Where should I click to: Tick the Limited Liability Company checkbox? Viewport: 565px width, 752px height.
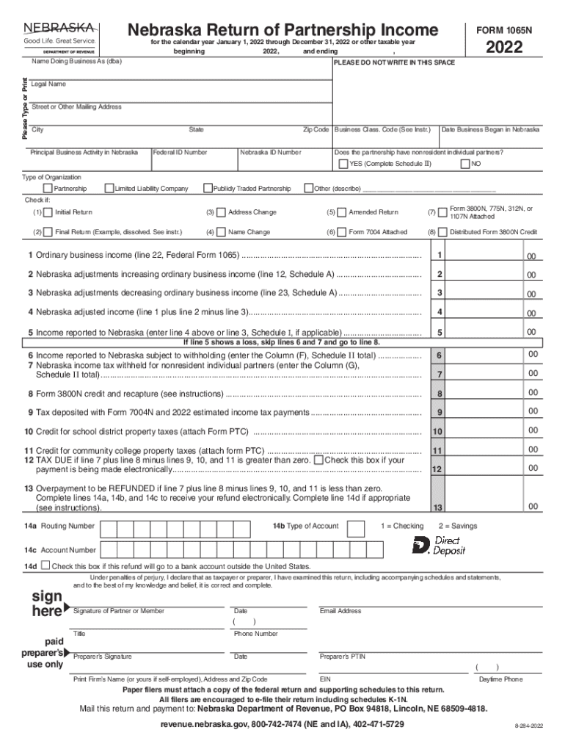(109, 189)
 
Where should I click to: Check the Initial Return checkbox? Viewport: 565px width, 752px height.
(48, 212)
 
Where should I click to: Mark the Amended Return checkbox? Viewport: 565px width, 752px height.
(341, 212)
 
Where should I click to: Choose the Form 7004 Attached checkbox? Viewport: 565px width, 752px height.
(341, 233)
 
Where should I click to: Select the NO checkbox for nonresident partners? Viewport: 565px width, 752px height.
(464, 164)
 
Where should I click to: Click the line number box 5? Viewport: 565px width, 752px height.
(439, 333)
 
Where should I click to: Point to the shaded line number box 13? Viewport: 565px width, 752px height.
(439, 507)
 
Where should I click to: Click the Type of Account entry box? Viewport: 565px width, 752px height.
(355, 528)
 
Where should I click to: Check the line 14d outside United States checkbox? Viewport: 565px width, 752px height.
(45, 566)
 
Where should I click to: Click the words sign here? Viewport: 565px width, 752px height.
(46, 604)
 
